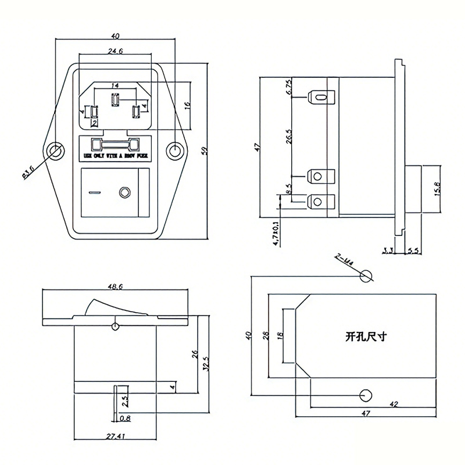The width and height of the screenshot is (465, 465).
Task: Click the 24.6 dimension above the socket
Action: (x=115, y=52)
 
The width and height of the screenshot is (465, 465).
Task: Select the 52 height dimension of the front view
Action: (x=205, y=151)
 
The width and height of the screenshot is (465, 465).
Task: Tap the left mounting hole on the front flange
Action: (x=55, y=151)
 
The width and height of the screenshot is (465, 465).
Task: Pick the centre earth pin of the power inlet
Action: (x=115, y=102)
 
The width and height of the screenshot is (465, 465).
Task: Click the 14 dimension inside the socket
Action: (x=115, y=86)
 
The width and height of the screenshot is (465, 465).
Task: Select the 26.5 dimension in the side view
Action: (x=289, y=137)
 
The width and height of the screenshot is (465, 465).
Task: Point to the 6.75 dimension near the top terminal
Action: (x=289, y=88)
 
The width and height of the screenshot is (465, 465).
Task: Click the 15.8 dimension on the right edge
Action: (x=438, y=189)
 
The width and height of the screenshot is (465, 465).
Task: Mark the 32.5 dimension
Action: (x=205, y=363)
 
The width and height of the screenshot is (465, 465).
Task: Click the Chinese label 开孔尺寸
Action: (x=366, y=335)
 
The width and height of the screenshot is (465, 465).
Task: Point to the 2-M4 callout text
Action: (x=345, y=259)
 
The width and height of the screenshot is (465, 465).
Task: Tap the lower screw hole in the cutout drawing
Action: (x=366, y=395)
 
